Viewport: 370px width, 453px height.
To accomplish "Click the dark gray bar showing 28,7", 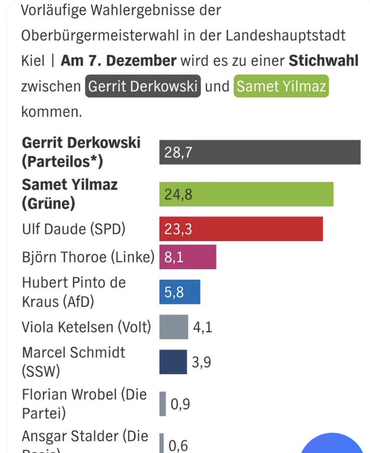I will (x=260, y=152).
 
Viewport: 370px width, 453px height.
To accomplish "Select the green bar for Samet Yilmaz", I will (x=246, y=194).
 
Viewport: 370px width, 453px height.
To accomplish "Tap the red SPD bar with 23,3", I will (x=241, y=229).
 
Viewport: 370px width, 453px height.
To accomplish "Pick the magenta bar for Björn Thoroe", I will (x=188, y=257).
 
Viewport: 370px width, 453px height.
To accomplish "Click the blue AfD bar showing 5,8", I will (x=180, y=292).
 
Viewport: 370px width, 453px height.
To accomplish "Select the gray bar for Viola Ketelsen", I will (x=173, y=327).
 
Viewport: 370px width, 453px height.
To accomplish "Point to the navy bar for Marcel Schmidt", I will (x=173, y=362).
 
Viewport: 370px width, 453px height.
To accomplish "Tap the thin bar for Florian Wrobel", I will (x=163, y=404).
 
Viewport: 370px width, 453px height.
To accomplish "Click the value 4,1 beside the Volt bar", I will (x=203, y=327).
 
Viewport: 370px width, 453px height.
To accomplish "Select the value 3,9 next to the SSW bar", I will (x=201, y=362).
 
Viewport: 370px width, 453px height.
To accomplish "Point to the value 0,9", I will (x=180, y=404).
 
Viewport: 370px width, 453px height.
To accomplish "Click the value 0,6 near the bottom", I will (x=178, y=445).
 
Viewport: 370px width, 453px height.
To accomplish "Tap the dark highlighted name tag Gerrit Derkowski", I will (x=142, y=87).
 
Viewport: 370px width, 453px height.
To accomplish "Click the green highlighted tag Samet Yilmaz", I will (x=281, y=87).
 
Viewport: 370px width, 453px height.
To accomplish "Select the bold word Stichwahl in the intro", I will (x=323, y=61).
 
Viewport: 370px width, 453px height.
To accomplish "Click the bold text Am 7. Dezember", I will (x=118, y=61).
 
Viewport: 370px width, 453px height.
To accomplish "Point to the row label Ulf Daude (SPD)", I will (x=73, y=229).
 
